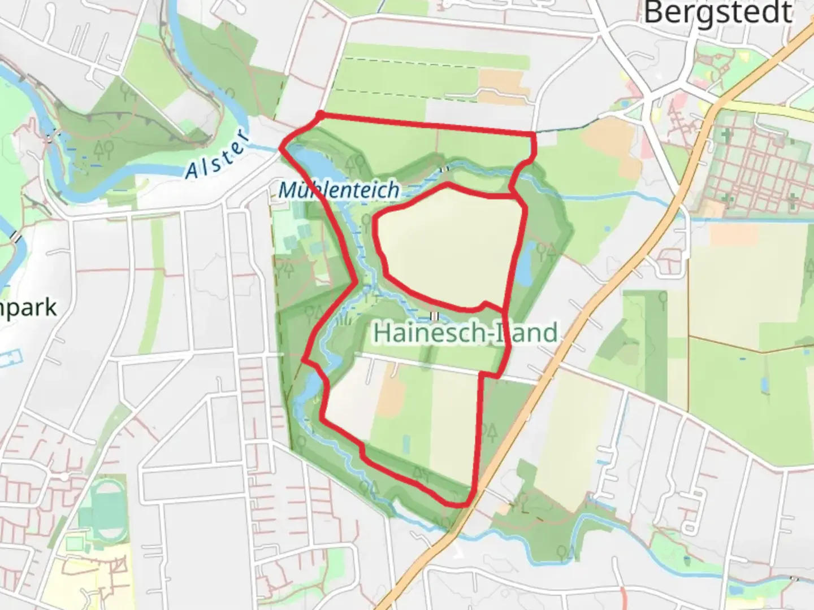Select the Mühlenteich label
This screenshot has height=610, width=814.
coord(339,190)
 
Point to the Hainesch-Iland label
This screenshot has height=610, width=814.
coord(465,333)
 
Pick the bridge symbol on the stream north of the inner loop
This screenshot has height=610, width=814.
coord(445,168)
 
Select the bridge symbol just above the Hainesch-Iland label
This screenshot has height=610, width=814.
coord(434,316)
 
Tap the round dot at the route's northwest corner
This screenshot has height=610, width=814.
coord(320,115)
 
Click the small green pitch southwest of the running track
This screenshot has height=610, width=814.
coord(74,543)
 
